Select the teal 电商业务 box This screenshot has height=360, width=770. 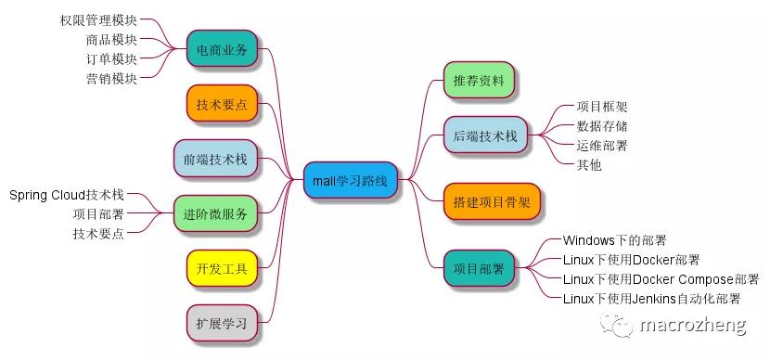[222, 50]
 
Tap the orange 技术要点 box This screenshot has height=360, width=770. [222, 104]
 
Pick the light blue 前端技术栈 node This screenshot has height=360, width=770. [215, 159]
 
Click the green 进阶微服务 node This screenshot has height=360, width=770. [215, 214]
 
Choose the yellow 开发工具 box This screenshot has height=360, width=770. [221, 269]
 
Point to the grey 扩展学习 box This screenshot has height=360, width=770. [221, 324]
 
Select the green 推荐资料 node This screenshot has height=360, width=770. [479, 82]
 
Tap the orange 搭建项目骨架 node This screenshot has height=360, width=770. [491, 201]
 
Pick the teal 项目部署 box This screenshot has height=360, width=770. [479, 269]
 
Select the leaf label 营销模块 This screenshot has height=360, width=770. [110, 79]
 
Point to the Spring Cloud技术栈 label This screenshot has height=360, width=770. [66, 195]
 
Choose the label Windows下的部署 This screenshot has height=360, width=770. [614, 241]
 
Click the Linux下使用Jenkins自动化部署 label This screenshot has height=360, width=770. [651, 299]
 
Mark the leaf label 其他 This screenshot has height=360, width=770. [588, 165]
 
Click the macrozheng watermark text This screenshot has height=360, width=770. [687, 325]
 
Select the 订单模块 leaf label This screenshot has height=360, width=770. [110, 59]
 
